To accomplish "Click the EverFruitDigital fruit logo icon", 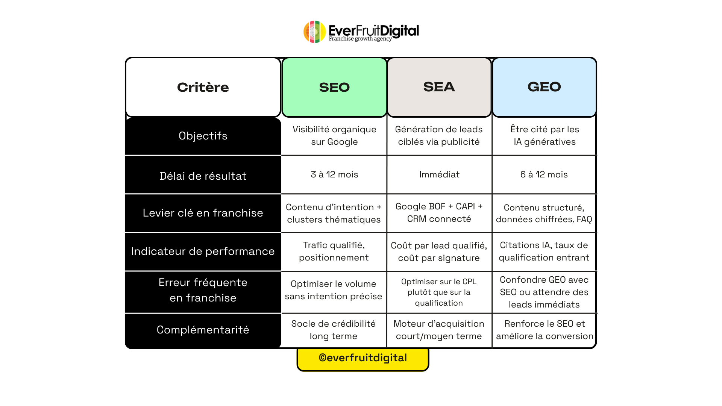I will [314, 32].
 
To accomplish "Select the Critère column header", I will [203, 87].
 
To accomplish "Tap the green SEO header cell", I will [334, 87].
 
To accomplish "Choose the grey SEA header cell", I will [439, 87].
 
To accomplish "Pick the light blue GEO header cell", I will [544, 87].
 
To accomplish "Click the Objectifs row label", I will [203, 136].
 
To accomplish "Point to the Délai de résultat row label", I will [203, 176].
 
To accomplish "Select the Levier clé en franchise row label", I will [203, 213].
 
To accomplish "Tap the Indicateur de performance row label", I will [203, 251].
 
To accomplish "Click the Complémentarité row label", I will [203, 330].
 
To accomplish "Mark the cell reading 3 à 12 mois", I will [334, 174].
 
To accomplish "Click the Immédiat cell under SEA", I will [439, 174].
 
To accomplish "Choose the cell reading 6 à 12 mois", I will [544, 174].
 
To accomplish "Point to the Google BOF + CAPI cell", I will [439, 212].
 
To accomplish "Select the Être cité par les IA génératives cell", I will [545, 135].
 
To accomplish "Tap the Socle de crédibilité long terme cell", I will [334, 330].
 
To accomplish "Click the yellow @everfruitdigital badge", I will [363, 358].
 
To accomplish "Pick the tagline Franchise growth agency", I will [360, 39].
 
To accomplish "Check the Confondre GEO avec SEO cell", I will [544, 292].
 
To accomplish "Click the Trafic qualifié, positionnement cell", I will [334, 251].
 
